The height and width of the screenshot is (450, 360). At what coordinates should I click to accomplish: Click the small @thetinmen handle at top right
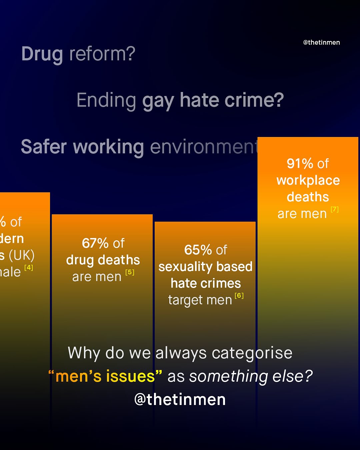[321, 42]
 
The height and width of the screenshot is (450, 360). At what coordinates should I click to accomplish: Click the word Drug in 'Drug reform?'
[42, 54]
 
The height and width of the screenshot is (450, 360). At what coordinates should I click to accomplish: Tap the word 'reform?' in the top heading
[102, 54]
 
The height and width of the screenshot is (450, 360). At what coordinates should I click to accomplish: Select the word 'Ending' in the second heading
[106, 100]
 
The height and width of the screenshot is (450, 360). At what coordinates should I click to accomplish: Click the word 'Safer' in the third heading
[44, 147]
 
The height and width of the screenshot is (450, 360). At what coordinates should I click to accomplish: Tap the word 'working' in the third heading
[108, 147]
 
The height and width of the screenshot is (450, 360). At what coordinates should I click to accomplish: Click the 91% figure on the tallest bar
[300, 164]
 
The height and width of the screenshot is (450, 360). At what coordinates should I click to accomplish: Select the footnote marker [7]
[334, 209]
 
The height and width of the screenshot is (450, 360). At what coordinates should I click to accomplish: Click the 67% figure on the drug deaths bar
[95, 243]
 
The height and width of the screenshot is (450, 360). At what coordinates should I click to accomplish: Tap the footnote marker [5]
[130, 272]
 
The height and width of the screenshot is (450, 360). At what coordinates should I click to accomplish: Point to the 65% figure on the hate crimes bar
[198, 250]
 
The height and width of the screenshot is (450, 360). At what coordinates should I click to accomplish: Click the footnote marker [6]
[239, 296]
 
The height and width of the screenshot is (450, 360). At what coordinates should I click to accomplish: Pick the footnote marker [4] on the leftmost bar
[29, 267]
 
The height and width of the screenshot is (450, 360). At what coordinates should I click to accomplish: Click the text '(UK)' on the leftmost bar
[22, 256]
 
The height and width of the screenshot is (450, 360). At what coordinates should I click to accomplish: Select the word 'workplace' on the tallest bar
[308, 181]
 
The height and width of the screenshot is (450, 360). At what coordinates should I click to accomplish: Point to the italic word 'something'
[229, 377]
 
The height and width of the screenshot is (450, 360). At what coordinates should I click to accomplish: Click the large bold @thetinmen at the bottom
[180, 399]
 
